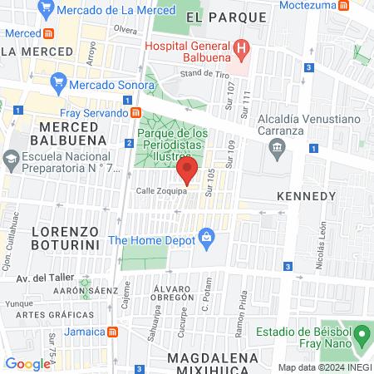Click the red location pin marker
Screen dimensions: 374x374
pos(187,171)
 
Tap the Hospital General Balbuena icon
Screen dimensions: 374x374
pos(242,48)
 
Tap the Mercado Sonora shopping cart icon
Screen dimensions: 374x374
pos(57,82)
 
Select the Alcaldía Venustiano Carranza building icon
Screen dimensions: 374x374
pos(277,147)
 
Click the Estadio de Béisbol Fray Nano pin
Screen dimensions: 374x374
pos(362,337)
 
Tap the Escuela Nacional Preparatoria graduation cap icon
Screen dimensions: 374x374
pos(12,158)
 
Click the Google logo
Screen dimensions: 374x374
pos(27,363)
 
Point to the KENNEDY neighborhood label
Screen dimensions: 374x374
pos(305,196)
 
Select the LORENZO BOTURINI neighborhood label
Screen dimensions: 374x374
pos(65,237)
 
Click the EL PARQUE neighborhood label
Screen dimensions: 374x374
pos(216,17)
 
